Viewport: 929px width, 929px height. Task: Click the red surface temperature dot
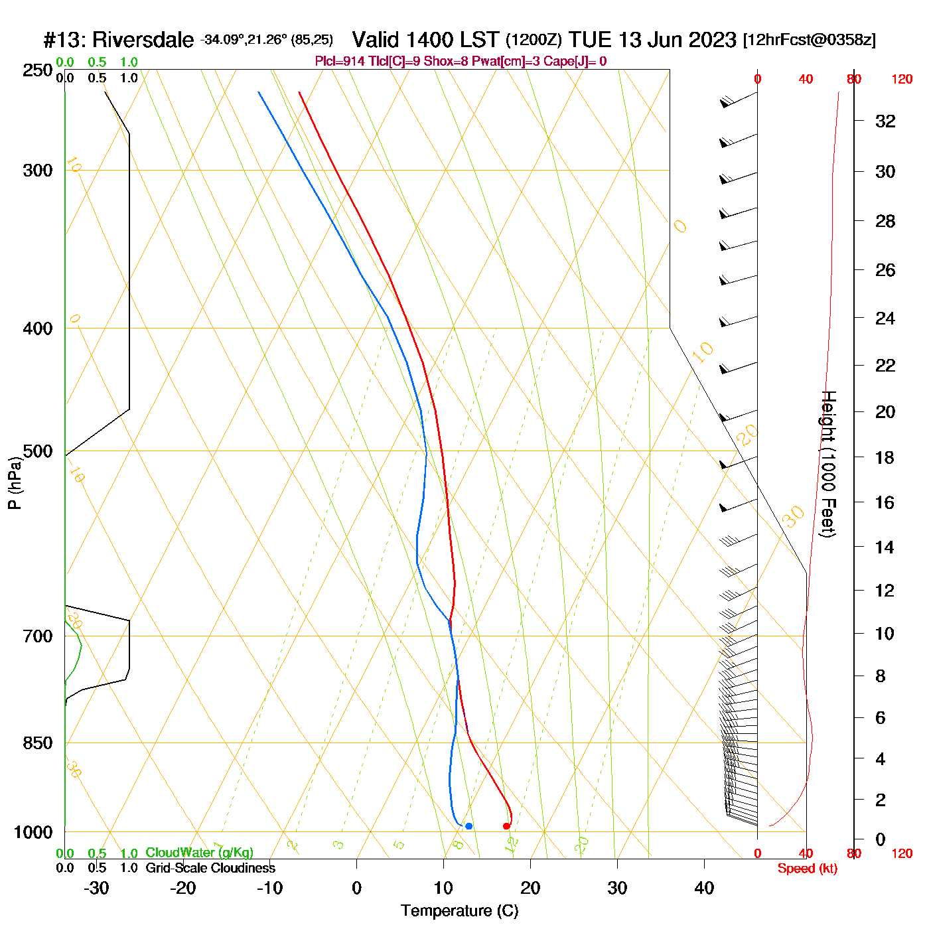[x=506, y=826]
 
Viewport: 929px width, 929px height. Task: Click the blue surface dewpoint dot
[x=468, y=826]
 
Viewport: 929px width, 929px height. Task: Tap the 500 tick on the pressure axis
[x=38, y=451]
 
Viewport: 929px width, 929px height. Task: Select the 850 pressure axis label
[x=38, y=743]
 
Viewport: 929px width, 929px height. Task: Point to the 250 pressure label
[x=38, y=70]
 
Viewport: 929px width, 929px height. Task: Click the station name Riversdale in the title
[x=143, y=40]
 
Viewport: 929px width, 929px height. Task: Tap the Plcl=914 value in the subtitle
[x=339, y=62]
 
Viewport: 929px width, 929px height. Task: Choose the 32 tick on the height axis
[x=885, y=121]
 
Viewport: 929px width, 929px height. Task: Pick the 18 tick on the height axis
[x=885, y=457]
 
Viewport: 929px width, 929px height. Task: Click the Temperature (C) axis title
[x=459, y=911]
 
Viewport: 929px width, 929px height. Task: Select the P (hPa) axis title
[x=15, y=483]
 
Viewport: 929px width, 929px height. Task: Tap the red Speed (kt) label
[x=807, y=869]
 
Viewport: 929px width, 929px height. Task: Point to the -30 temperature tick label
[x=96, y=888]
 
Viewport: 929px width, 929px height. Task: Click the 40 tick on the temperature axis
[x=704, y=888]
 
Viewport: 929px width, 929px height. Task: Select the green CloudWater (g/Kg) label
[x=199, y=853]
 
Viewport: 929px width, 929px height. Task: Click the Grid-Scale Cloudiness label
[x=210, y=868]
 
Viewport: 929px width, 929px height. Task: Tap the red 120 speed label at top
[x=902, y=80]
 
